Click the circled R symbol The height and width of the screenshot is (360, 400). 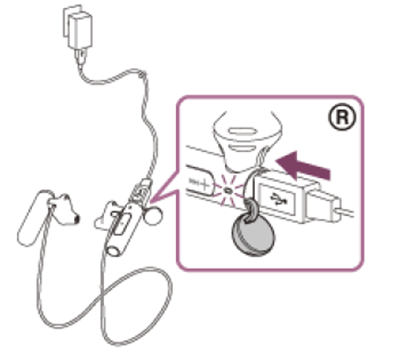tap(341, 117)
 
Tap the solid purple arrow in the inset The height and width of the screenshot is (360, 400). tap(303, 165)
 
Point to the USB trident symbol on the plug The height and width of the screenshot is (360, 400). tap(276, 200)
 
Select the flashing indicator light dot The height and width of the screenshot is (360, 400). tap(228, 191)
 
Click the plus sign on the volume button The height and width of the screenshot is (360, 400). tap(203, 184)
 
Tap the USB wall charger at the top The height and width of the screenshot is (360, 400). tap(77, 27)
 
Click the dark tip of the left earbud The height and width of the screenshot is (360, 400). tap(77, 218)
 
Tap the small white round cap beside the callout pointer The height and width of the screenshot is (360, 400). tap(154, 215)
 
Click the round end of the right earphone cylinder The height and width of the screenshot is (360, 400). tap(113, 250)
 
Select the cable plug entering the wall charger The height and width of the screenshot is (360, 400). tap(80, 56)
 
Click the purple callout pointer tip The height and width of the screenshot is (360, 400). tap(151, 201)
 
